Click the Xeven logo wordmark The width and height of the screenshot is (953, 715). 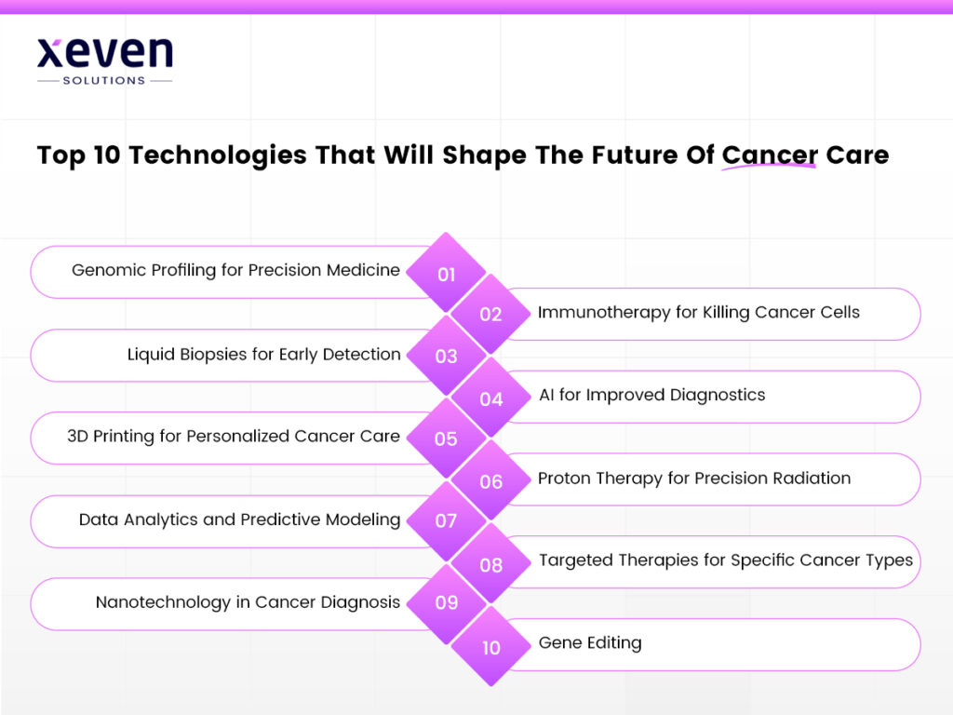[x=104, y=53]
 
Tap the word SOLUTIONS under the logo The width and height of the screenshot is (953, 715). [x=104, y=81]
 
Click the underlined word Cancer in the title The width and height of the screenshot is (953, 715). [x=770, y=155]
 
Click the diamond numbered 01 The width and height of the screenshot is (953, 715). [x=447, y=273]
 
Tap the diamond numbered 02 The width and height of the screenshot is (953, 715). [x=490, y=314]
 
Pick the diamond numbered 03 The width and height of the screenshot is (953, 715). [x=447, y=356]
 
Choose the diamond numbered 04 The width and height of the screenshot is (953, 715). [x=490, y=398]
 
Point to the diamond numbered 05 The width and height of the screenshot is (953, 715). [x=447, y=438]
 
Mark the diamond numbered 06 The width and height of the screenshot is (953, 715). [x=490, y=480]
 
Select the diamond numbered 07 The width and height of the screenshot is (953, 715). [x=447, y=520]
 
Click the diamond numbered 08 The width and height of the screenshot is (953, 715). [x=490, y=563]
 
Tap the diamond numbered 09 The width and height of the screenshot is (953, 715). [x=447, y=602]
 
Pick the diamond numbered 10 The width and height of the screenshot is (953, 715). [x=490, y=646]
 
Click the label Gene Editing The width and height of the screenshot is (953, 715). [x=590, y=642]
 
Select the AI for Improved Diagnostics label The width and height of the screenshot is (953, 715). [x=651, y=395]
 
